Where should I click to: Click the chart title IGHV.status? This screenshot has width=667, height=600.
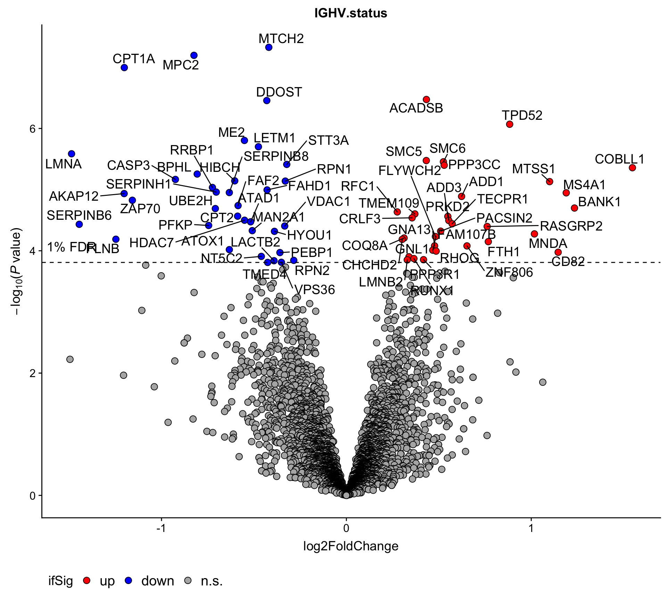point(351,13)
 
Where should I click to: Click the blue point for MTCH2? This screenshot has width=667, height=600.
point(269,47)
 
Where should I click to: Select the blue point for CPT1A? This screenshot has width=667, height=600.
point(124,67)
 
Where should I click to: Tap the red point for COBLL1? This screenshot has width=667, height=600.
point(632,168)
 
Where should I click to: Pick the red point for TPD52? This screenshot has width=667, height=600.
point(510,124)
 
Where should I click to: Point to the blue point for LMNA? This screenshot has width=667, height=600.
point(72,154)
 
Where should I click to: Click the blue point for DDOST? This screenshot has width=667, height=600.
point(267,101)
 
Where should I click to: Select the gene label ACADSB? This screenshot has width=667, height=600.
point(416,108)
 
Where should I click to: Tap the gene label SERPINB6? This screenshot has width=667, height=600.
point(79,216)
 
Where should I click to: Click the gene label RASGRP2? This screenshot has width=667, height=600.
point(571,226)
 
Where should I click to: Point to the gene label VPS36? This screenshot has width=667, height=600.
point(315,290)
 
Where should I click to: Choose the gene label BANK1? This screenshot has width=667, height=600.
point(599,202)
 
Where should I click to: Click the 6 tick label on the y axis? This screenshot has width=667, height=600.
point(33,129)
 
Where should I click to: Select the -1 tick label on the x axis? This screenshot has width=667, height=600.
point(160,528)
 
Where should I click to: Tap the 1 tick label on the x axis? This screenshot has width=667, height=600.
point(531,528)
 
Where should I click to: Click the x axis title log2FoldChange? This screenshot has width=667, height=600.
point(351,546)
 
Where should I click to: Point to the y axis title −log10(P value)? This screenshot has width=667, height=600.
point(16,271)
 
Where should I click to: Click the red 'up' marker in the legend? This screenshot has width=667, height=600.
point(87,580)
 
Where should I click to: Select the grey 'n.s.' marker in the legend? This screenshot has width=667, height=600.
point(188,580)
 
